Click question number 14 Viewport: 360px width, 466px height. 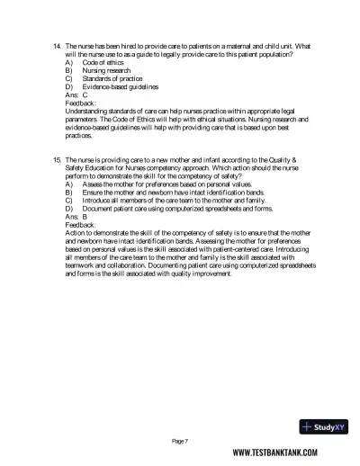click(57, 46)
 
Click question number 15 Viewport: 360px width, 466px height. click(57, 158)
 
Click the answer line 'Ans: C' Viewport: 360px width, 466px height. click(76, 94)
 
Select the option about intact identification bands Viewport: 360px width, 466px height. click(171, 191)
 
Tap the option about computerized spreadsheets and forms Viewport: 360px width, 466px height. click(180, 207)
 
